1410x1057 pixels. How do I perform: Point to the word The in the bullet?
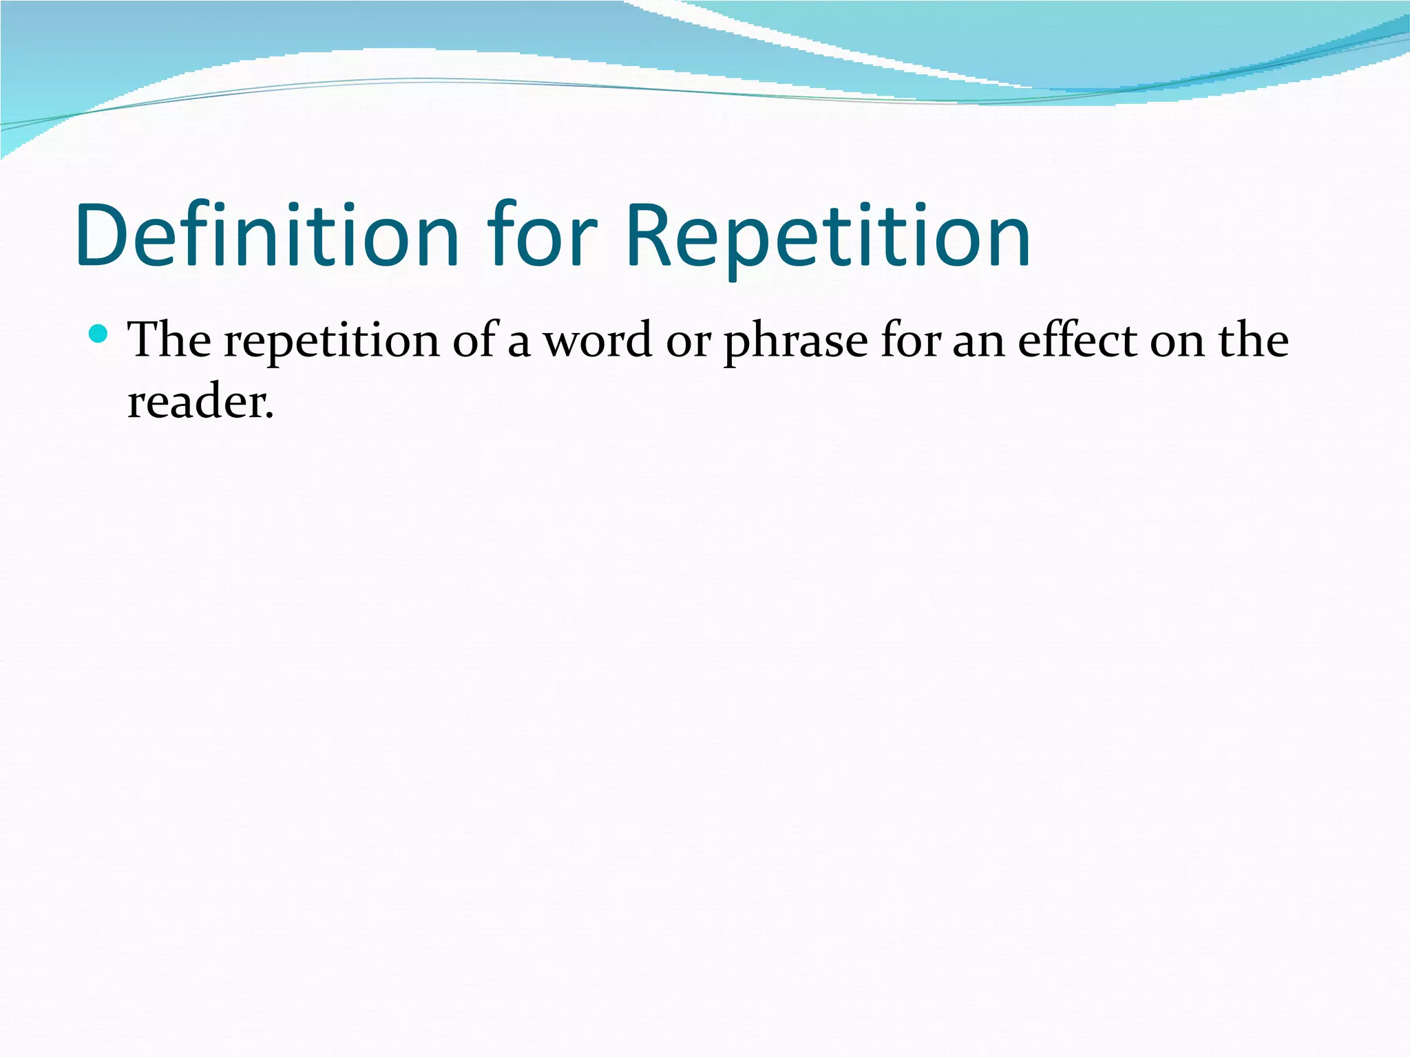pos(169,341)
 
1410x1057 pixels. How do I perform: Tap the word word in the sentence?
pos(598,341)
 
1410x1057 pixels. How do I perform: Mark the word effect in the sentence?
pos(1078,341)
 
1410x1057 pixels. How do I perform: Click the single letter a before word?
pos(518,344)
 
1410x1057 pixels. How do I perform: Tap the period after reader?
pos(269,417)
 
